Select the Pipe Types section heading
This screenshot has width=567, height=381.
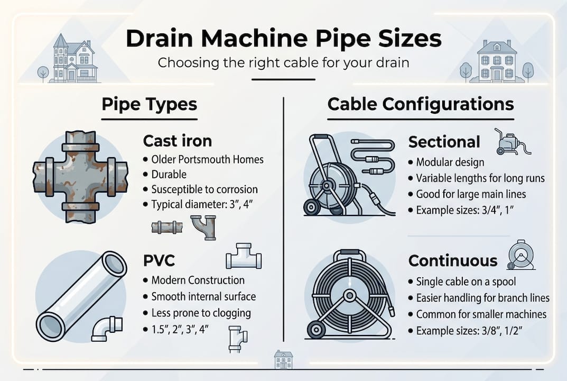(x=149, y=104)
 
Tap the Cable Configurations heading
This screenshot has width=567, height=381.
(x=420, y=104)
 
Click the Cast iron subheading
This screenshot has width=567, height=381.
(x=177, y=141)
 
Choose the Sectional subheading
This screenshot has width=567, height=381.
(x=444, y=142)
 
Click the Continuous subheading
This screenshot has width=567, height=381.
(x=453, y=261)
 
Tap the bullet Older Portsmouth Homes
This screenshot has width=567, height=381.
(x=207, y=159)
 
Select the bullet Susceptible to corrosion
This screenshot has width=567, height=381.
(x=205, y=189)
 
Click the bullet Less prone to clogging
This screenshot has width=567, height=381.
(x=201, y=312)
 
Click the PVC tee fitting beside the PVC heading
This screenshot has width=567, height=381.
(x=243, y=257)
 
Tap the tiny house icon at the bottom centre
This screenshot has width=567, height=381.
(x=283, y=360)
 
